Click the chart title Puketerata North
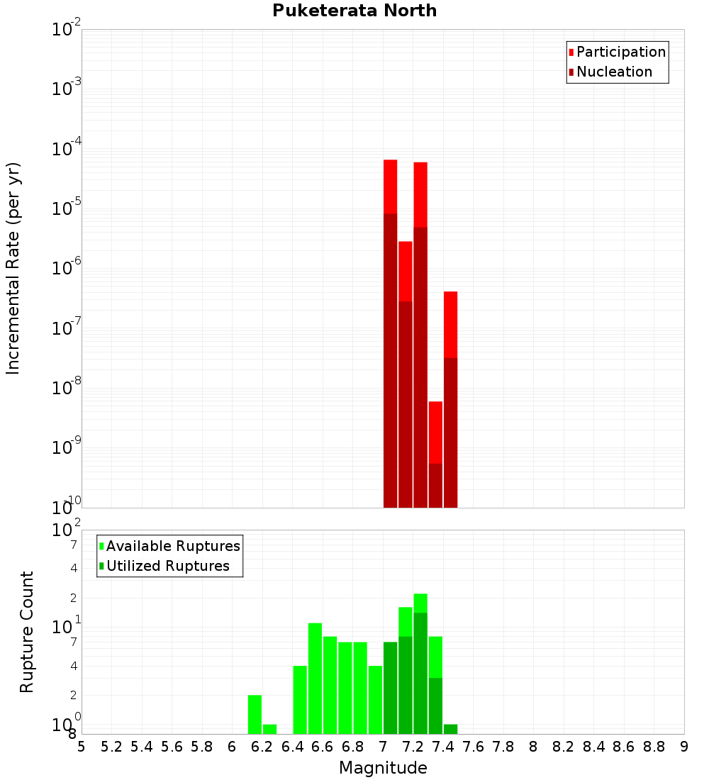(x=354, y=11)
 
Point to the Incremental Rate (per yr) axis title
(x=13, y=268)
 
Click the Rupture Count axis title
(x=27, y=632)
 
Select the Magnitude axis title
(x=383, y=768)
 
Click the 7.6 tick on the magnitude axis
(x=474, y=747)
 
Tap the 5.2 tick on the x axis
(x=112, y=747)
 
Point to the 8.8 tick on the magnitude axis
(x=654, y=747)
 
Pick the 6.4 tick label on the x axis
(x=293, y=747)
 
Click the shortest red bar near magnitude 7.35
(x=435, y=454)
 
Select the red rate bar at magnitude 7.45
(x=450, y=397)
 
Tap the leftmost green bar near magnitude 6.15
(x=255, y=714)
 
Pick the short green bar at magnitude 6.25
(x=269, y=729)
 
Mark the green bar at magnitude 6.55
(x=315, y=678)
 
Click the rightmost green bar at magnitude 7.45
(x=450, y=729)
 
